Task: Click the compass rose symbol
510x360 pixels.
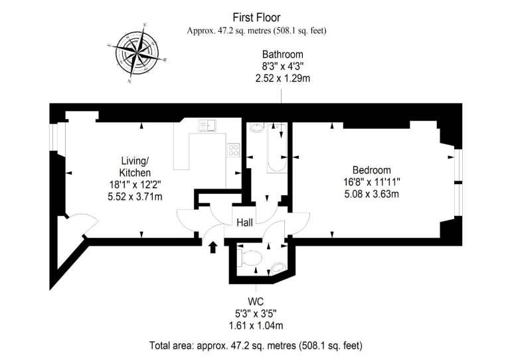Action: pyautogui.click(x=137, y=52)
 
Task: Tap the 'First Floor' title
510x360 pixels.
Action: pyautogui.click(x=256, y=17)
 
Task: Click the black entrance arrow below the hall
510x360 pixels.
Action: pyautogui.click(x=212, y=247)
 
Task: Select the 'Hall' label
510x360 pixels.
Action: pyautogui.click(x=244, y=223)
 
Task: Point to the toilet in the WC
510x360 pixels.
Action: pyautogui.click(x=250, y=258)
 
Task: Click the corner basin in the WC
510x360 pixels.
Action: pyautogui.click(x=278, y=268)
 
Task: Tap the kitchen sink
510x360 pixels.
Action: pyautogui.click(x=207, y=126)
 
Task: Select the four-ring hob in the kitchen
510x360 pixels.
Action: pyautogui.click(x=234, y=150)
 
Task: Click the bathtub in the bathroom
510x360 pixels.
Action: pyautogui.click(x=277, y=148)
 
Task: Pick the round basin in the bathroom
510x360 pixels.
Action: pyautogui.click(x=257, y=128)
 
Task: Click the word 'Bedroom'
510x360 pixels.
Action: pyautogui.click(x=372, y=170)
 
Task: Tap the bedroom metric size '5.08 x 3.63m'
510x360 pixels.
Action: pyautogui.click(x=371, y=194)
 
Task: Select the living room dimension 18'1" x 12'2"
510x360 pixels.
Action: pyautogui.click(x=135, y=185)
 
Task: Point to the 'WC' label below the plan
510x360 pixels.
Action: pyautogui.click(x=256, y=301)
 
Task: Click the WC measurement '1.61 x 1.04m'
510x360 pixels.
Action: pyautogui.click(x=256, y=325)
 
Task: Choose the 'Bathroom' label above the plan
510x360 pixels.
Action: pyautogui.click(x=283, y=54)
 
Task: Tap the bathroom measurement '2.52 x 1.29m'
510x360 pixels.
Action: pyautogui.click(x=283, y=78)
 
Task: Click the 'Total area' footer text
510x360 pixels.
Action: pyautogui.click(x=256, y=345)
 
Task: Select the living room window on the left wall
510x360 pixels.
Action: pyautogui.click(x=54, y=137)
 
